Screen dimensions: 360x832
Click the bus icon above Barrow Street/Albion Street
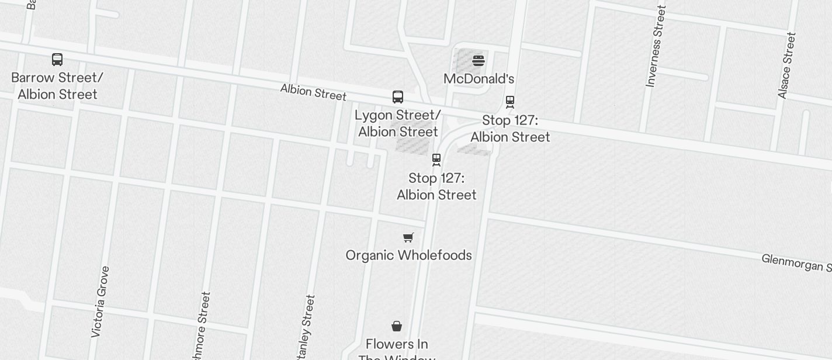coord(57,59)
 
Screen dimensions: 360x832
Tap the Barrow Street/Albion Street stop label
coord(57,86)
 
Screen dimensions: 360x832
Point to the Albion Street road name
coord(313,92)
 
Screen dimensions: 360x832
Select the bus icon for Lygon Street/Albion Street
coord(398,96)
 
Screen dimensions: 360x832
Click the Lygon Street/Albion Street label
coord(398,123)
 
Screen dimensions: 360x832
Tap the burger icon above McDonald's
coord(479,60)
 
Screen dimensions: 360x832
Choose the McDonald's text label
coord(479,79)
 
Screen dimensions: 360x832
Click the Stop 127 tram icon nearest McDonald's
coord(510,102)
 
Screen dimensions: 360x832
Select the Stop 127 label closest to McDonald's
coord(510,129)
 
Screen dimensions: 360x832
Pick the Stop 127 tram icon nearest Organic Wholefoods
coord(436,160)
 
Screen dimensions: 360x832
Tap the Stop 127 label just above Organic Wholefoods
coord(436,186)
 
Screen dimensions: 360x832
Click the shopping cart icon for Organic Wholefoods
coord(408,237)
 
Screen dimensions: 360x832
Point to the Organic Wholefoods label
coord(408,255)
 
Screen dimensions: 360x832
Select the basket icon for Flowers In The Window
coord(397,326)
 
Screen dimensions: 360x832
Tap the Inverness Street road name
coord(656,47)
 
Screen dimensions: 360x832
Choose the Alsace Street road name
coord(787,65)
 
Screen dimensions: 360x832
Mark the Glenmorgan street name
coord(796,263)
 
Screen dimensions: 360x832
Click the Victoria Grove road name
coord(100,302)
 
